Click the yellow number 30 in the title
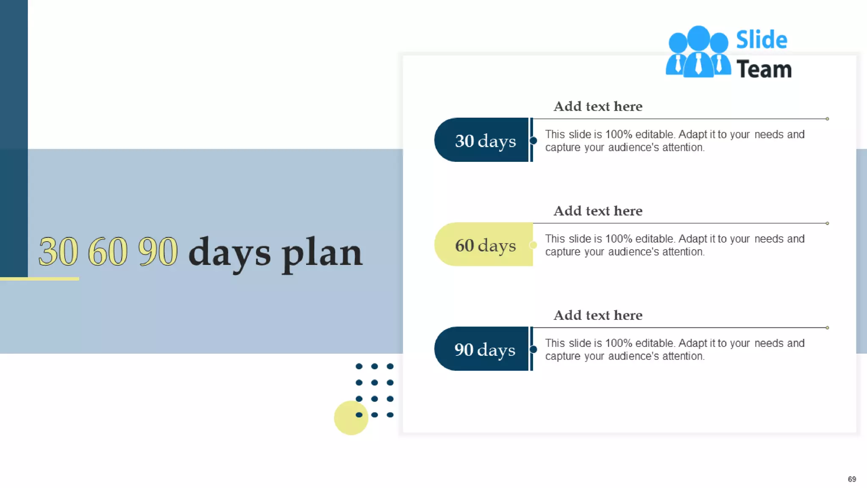pyautogui.click(x=58, y=252)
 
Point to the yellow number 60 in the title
pyautogui.click(x=108, y=252)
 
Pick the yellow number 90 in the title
pyautogui.click(x=158, y=252)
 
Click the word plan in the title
pyautogui.click(x=322, y=254)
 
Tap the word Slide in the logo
pyautogui.click(x=762, y=40)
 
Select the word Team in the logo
pyautogui.click(x=764, y=69)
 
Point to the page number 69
pyautogui.click(x=852, y=479)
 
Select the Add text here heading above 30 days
pyautogui.click(x=598, y=106)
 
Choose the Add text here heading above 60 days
pyautogui.click(x=598, y=211)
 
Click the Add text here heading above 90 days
pyautogui.click(x=598, y=315)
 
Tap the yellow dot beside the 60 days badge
pyautogui.click(x=533, y=245)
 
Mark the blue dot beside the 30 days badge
pyautogui.click(x=533, y=141)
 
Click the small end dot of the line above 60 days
pyautogui.click(x=827, y=223)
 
